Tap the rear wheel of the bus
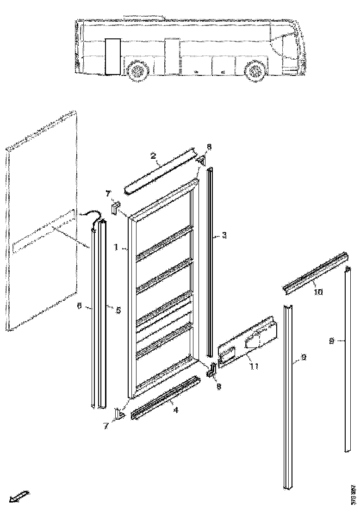click(x=137, y=71)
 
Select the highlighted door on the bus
click(x=112, y=56)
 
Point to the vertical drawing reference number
click(x=353, y=493)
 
